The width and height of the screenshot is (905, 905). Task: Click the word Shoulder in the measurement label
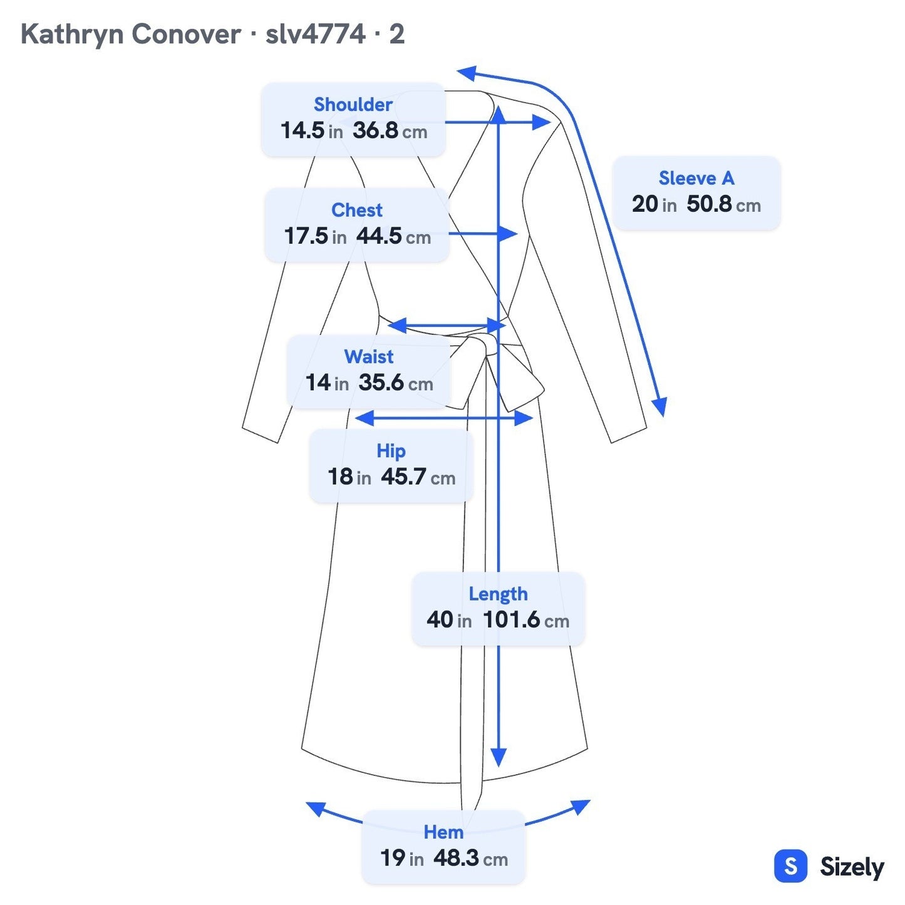point(353,104)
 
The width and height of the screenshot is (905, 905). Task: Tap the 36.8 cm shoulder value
point(390,130)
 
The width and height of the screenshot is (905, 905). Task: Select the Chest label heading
point(356,210)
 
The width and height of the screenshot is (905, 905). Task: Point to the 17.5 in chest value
point(315,235)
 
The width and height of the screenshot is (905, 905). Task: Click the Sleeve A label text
point(696,178)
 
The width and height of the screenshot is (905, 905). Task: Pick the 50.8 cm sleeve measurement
point(723,204)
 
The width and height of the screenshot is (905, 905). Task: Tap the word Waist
point(369,356)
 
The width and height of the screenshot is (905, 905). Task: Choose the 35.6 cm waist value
point(395,383)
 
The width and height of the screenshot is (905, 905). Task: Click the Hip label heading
point(391,451)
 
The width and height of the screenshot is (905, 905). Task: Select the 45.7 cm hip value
point(418,477)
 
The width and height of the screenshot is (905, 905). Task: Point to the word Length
point(498,594)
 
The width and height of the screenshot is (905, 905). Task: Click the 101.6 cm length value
point(526,620)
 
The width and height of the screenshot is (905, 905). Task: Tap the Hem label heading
point(443,832)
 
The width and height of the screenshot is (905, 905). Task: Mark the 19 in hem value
point(402,858)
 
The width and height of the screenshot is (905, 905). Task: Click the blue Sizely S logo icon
point(791,866)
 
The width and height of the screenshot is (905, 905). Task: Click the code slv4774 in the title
point(316,34)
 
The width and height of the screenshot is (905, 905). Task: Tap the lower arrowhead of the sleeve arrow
point(660,406)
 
